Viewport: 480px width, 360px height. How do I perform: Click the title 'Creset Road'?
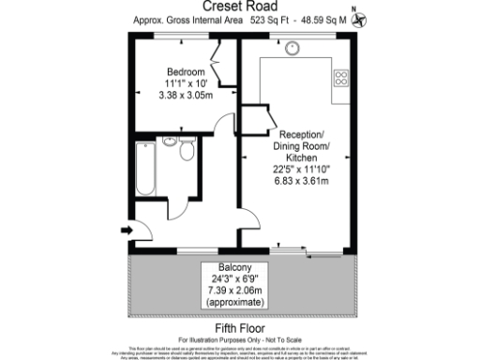(240, 6)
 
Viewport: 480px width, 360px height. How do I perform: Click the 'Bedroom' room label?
(186, 72)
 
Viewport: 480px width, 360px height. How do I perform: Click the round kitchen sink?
(292, 52)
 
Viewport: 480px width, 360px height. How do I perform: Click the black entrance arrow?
(127, 228)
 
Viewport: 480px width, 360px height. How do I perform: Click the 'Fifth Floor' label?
(240, 328)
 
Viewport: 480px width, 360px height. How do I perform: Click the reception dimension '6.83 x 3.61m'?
(302, 180)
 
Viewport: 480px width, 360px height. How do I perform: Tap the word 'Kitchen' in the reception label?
(302, 158)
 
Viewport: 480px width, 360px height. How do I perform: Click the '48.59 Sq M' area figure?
(322, 19)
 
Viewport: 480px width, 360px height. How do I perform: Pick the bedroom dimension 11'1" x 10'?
(186, 83)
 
